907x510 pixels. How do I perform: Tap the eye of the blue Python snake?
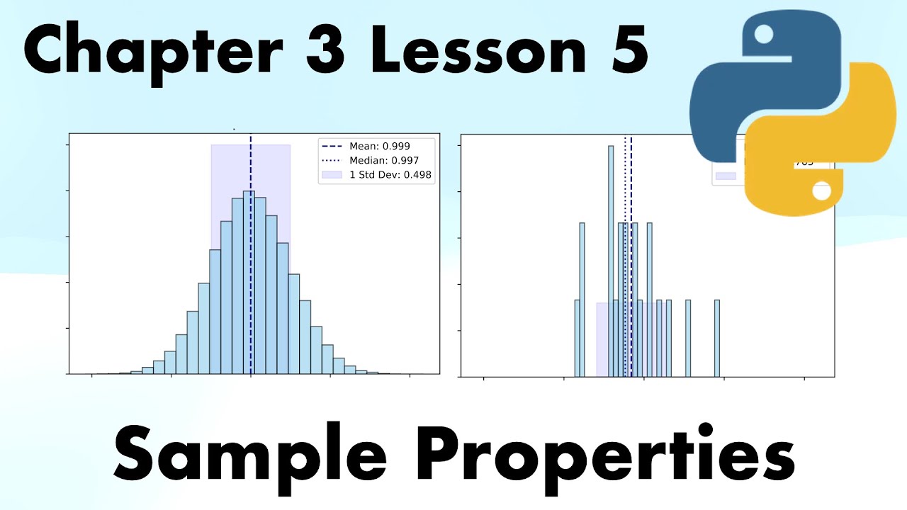(x=763, y=33)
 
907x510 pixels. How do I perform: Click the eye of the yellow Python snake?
(x=822, y=192)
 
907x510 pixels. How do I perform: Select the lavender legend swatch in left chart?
(x=331, y=174)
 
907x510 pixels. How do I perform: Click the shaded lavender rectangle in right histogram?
(x=602, y=340)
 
